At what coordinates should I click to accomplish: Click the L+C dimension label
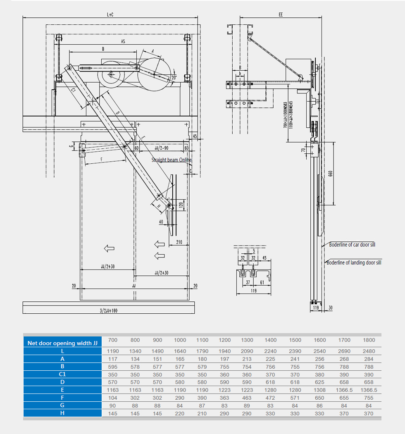coord(110,14)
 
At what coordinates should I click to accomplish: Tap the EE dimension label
coord(281,14)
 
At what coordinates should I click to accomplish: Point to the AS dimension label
coord(123,41)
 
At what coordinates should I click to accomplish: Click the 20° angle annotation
coord(174,77)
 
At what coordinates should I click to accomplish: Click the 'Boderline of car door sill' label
coord(352,245)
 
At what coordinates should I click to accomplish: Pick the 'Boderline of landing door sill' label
coord(354,262)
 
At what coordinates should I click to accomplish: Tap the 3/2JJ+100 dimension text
coord(109,311)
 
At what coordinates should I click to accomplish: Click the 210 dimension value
coord(179,242)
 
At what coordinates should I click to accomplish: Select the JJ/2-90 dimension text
coord(161,148)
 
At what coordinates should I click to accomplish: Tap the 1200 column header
coord(225,340)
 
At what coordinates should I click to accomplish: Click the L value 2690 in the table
coord(344,351)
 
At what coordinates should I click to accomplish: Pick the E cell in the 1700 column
coord(344,390)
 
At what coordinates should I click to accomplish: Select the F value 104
coord(112,398)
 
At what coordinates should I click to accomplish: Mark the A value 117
coord(112,359)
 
